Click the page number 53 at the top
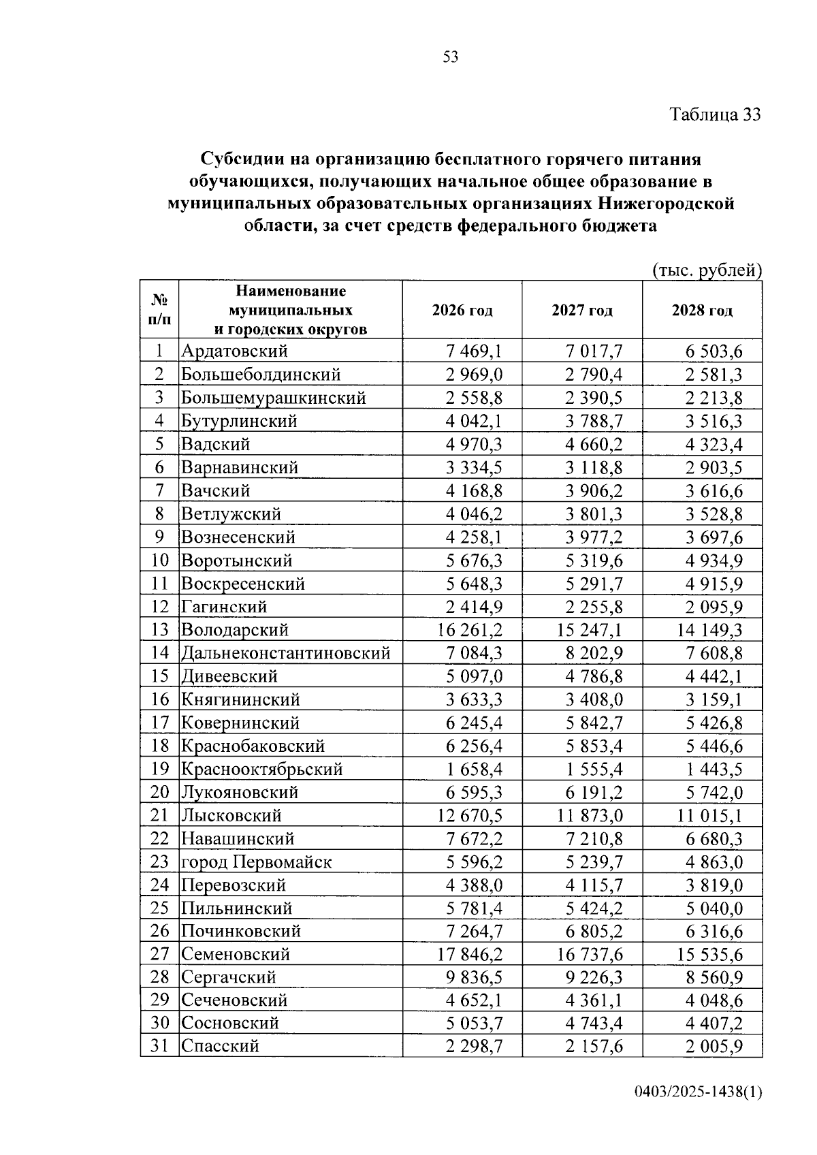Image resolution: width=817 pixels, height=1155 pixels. click(450, 57)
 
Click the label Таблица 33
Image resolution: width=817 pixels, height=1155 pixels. click(714, 114)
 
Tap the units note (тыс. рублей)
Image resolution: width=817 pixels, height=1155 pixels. click(707, 270)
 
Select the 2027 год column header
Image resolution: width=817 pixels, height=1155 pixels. click(581, 311)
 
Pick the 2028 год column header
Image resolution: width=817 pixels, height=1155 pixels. click(702, 311)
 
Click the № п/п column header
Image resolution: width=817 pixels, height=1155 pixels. click(159, 309)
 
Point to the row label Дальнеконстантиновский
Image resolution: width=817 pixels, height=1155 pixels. click(285, 653)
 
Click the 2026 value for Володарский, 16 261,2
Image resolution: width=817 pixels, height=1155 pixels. click(470, 630)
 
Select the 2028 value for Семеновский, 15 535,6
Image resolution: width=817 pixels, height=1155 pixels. click(709, 955)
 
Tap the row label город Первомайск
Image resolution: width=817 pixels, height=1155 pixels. click(256, 862)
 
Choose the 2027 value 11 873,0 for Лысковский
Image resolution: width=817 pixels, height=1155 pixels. click(590, 816)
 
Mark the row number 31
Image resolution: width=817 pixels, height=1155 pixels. click(159, 1045)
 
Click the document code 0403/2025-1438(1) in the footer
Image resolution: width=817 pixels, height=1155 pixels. click(698, 1092)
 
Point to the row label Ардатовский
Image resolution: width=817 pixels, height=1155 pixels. click(234, 351)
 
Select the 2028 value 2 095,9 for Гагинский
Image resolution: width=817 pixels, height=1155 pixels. click(714, 607)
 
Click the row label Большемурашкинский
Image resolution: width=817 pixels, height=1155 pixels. click(273, 398)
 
